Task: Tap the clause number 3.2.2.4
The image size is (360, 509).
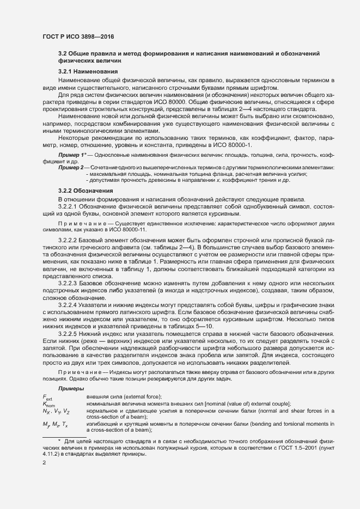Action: [x=71, y=306]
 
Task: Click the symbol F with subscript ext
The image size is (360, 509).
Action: [x=47, y=397]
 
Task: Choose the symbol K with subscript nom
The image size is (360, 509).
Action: [x=49, y=404]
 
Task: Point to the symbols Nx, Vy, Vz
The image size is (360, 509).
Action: [x=56, y=411]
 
